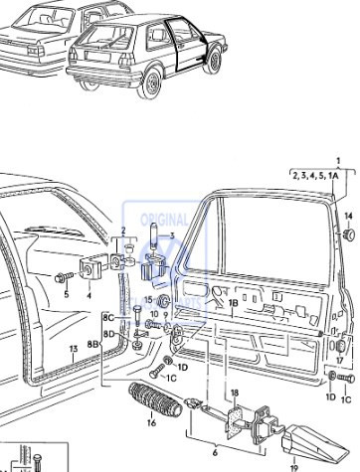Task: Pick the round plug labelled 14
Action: pos(349,236)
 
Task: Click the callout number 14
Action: pos(348,216)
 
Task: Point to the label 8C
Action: pos(107,316)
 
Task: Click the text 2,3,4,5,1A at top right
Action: pos(316,175)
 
